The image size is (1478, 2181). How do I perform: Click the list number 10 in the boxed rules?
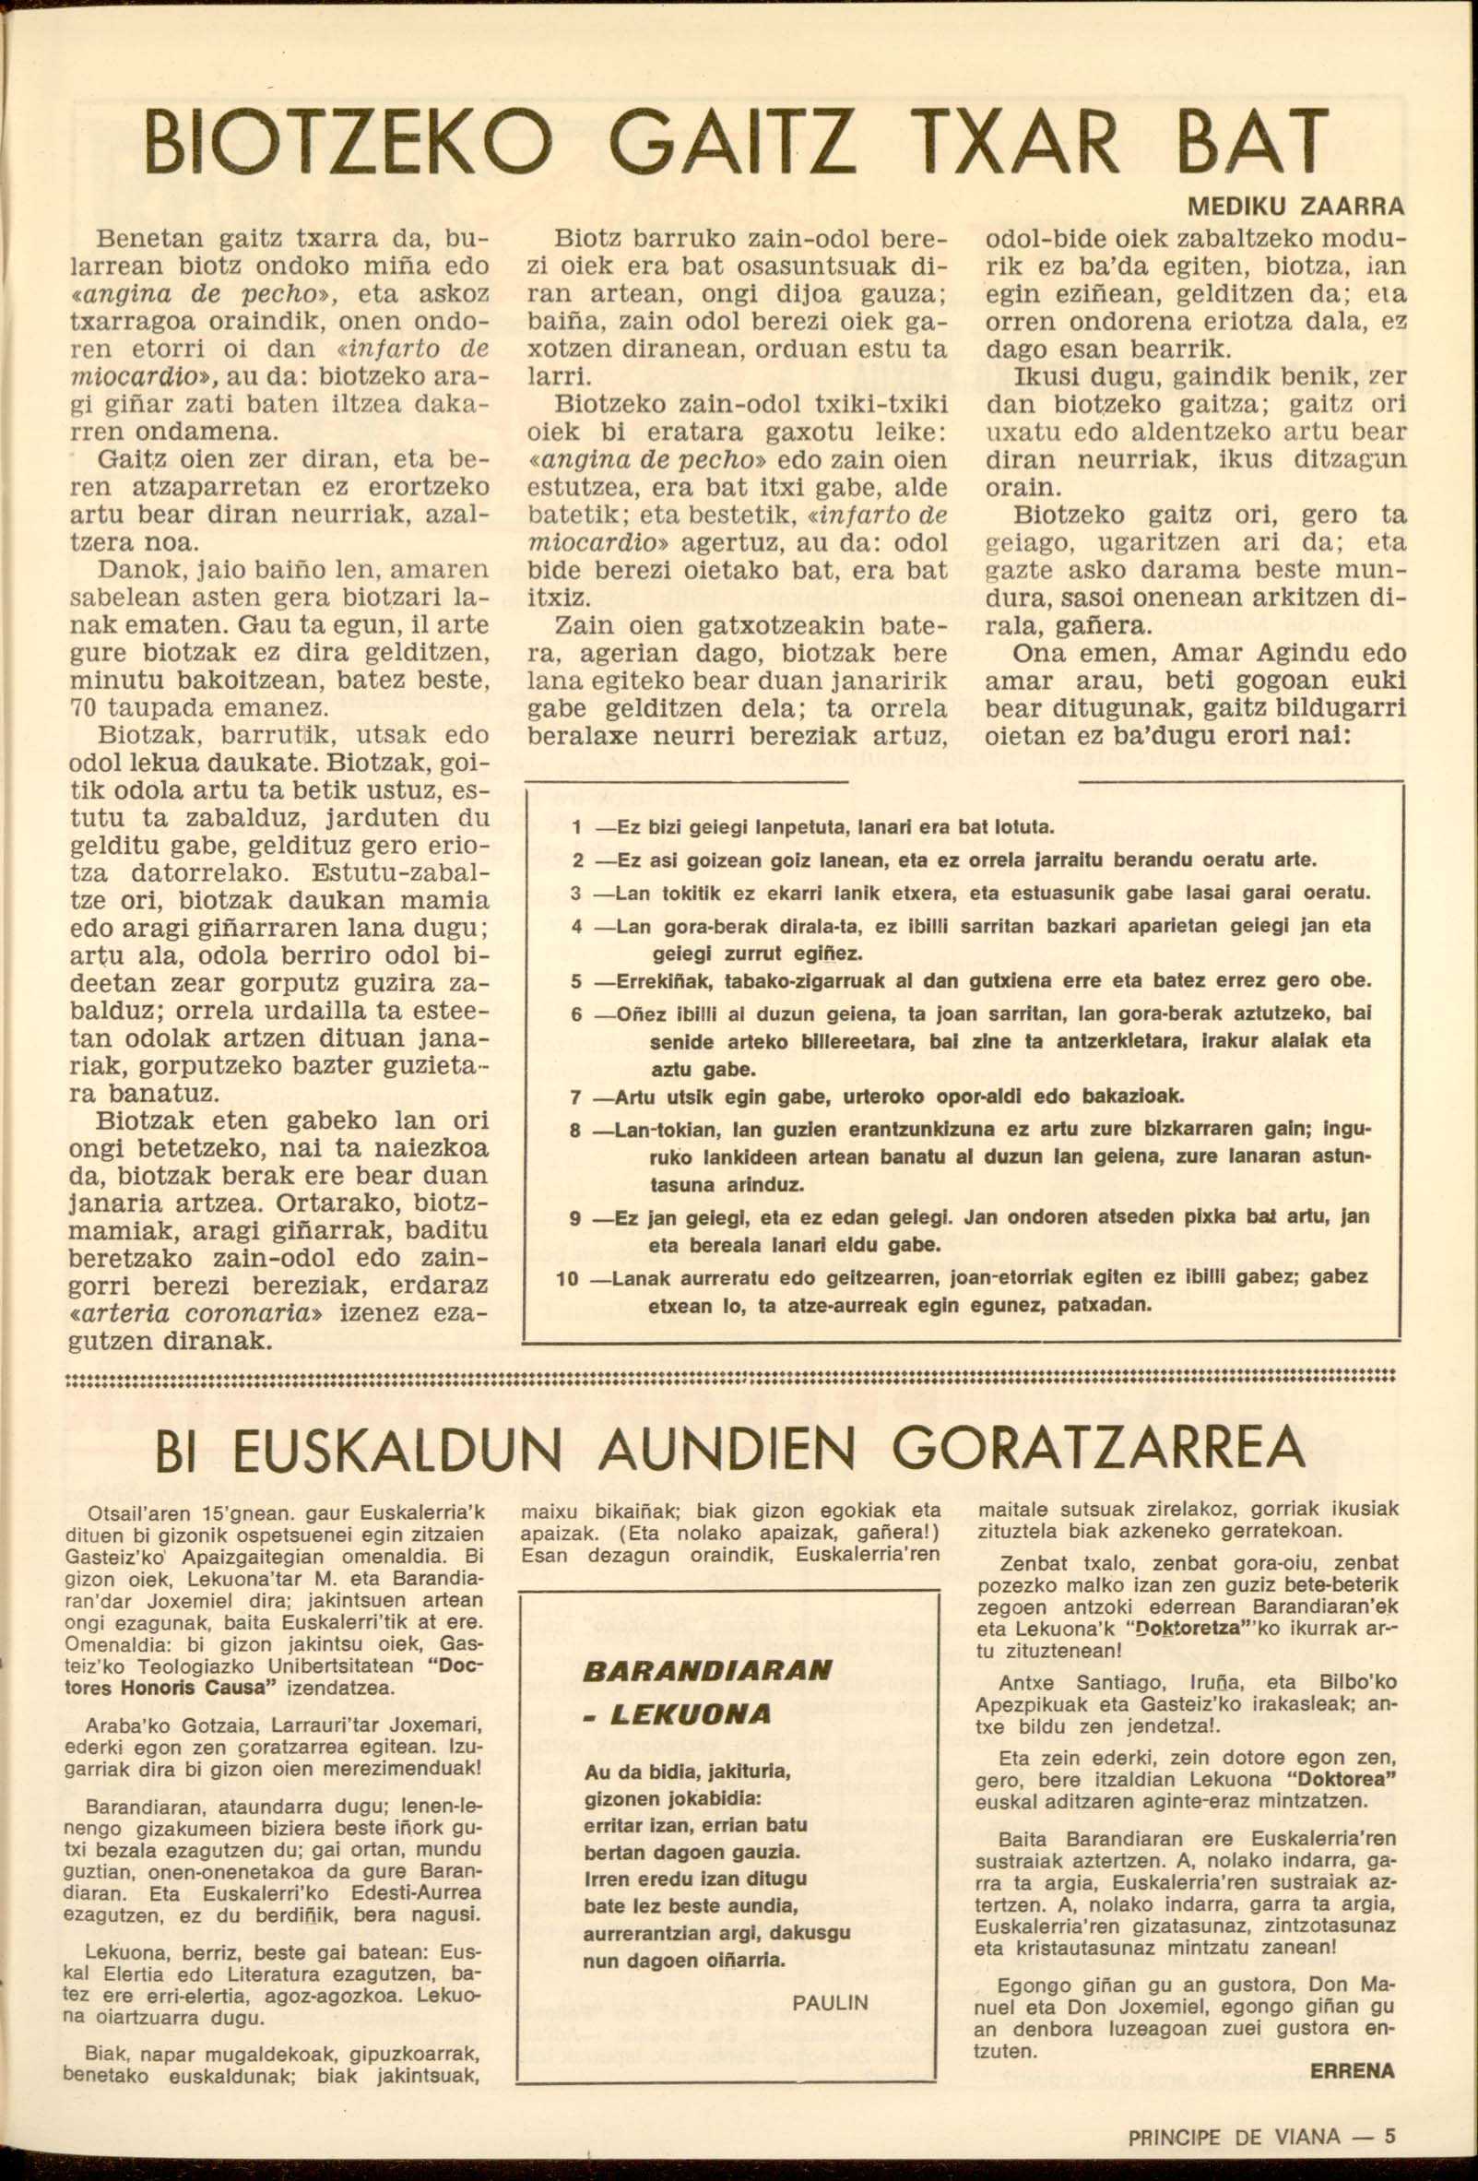click(567, 1278)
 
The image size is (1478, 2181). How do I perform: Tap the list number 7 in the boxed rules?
click(576, 1097)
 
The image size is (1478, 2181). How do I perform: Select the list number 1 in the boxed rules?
click(576, 829)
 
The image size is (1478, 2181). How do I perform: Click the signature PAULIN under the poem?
click(831, 2003)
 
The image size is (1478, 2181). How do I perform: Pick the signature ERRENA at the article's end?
click(1353, 2071)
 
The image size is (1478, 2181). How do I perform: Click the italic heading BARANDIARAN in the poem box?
click(706, 1671)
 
